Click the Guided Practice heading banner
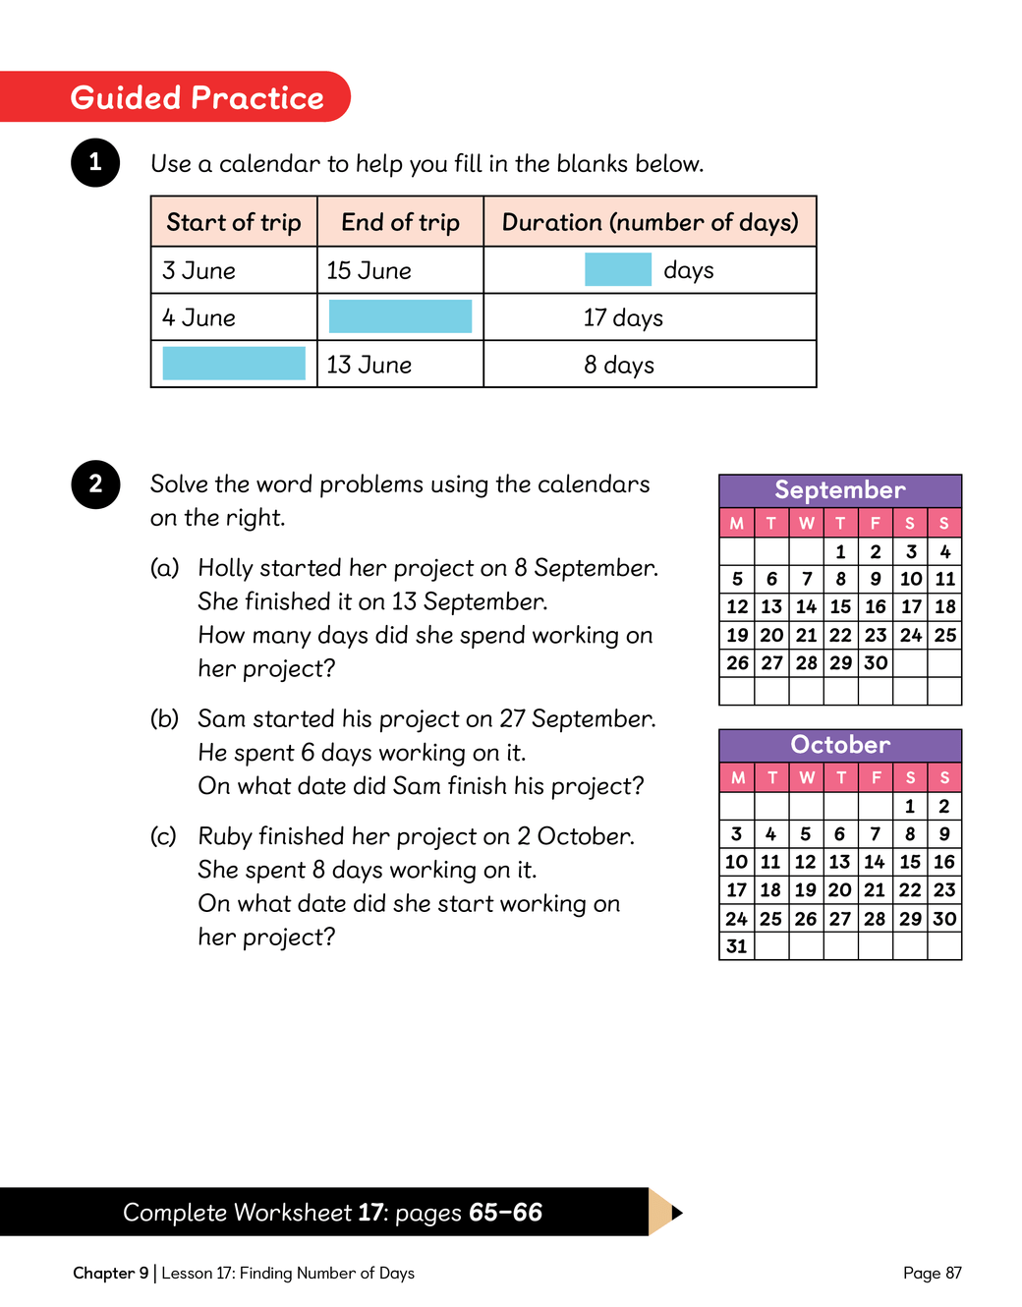(x=197, y=97)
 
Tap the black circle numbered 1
(x=95, y=162)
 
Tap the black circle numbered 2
(x=95, y=483)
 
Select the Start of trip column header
(x=234, y=222)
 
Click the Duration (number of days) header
(x=650, y=222)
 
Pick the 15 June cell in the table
(x=369, y=270)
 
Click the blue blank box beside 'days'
(x=617, y=269)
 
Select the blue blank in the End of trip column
(x=400, y=316)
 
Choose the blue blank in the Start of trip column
(x=234, y=364)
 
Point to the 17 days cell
(x=623, y=317)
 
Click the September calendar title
(x=840, y=490)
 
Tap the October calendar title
(x=840, y=745)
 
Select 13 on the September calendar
(x=771, y=607)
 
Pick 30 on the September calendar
(x=876, y=663)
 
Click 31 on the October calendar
(x=737, y=946)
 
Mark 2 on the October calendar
(x=944, y=807)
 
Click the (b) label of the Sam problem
(x=164, y=719)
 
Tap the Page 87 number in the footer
(x=932, y=1274)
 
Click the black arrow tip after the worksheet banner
(x=676, y=1213)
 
